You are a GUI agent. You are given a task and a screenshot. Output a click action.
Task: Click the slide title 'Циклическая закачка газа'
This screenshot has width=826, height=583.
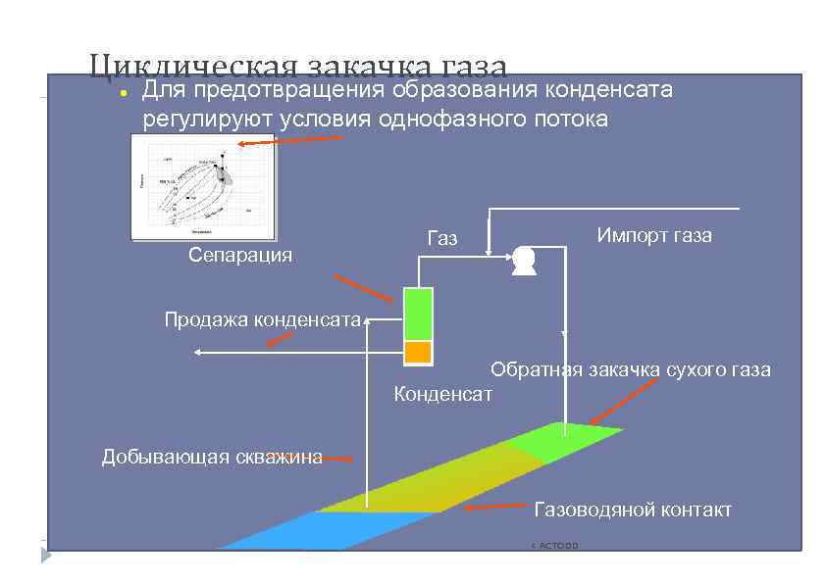pyautogui.click(x=297, y=67)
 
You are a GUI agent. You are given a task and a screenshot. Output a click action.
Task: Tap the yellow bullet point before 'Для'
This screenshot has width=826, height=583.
pyautogui.click(x=120, y=93)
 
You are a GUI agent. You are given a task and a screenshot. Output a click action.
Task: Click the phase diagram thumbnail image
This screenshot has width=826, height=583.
pyautogui.click(x=204, y=186)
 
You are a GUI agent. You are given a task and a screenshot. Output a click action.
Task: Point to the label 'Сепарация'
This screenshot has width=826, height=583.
pyautogui.click(x=240, y=256)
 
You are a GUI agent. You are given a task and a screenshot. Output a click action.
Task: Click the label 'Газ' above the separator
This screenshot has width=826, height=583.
pyautogui.click(x=442, y=238)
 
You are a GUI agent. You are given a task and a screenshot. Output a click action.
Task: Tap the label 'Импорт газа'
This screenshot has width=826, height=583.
pyautogui.click(x=654, y=235)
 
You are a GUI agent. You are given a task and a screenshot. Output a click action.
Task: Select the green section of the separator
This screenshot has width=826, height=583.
pyautogui.click(x=418, y=314)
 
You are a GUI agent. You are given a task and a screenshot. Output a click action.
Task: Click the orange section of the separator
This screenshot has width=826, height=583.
pyautogui.click(x=418, y=352)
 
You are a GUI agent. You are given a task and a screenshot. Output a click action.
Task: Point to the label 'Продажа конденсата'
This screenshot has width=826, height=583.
pyautogui.click(x=262, y=318)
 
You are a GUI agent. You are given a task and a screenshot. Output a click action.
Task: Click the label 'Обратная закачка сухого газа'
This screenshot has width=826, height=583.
pyautogui.click(x=630, y=370)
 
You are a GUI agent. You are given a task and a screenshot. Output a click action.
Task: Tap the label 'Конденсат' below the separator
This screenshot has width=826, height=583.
pyautogui.click(x=442, y=394)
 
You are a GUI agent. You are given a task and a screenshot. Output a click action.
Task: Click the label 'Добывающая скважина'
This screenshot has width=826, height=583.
pyautogui.click(x=212, y=457)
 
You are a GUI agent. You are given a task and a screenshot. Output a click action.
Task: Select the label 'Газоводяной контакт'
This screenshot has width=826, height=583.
pyautogui.click(x=632, y=510)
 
